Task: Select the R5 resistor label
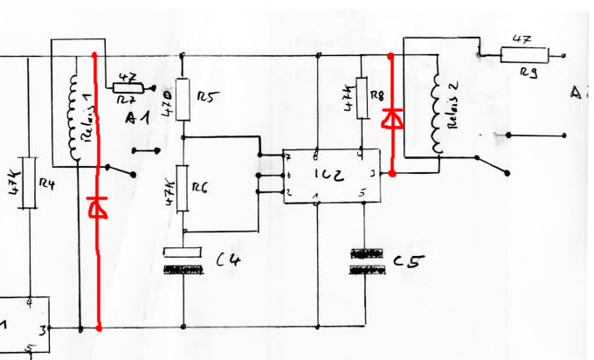pyautogui.click(x=206, y=96)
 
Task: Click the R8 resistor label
pyautogui.click(x=376, y=95)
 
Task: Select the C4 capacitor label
pyautogui.click(x=229, y=259)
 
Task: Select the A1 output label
pyautogui.click(x=137, y=119)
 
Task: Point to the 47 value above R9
pyautogui.click(x=522, y=39)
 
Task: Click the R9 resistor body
pyautogui.click(x=525, y=56)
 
